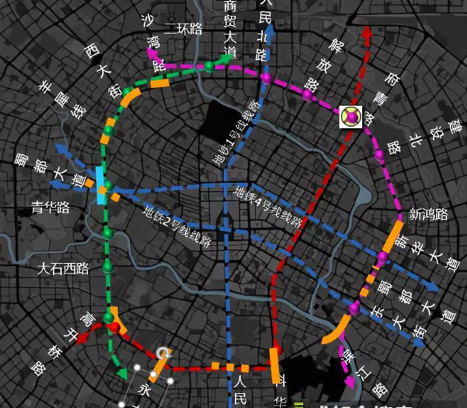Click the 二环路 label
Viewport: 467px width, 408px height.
click(183, 29)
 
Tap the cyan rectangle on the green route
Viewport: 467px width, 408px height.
click(101, 185)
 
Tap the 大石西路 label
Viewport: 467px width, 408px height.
click(63, 269)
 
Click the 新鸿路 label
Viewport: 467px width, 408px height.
click(428, 214)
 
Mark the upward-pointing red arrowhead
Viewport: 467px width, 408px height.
click(367, 32)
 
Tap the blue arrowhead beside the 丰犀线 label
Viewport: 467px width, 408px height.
click(60, 148)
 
